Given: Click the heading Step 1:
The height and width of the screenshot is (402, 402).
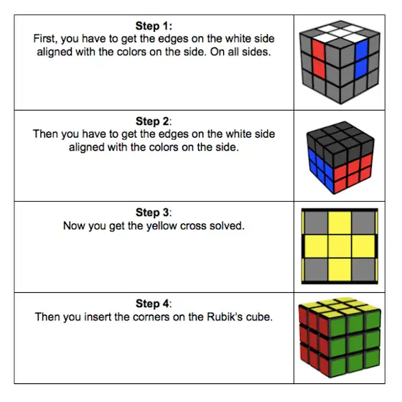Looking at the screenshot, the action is tap(154, 26).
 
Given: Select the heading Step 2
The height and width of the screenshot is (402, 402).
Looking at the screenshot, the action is tap(154, 121).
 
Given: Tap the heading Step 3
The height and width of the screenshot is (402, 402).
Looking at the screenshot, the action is tap(154, 212).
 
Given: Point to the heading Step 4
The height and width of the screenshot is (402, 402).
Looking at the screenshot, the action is tap(154, 304).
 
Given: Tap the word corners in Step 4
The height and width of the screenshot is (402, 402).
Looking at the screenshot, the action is tap(151, 317).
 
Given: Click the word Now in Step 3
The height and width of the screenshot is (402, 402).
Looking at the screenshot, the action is tap(73, 226).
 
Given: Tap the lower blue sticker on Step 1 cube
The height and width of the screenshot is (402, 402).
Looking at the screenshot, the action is tap(361, 68).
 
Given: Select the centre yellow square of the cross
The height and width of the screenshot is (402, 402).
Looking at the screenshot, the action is tap(340, 246).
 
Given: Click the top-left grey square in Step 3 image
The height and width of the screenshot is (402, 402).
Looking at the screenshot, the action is tap(316, 223).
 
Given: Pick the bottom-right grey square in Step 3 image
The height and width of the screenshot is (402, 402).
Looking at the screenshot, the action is tap(363, 270).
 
